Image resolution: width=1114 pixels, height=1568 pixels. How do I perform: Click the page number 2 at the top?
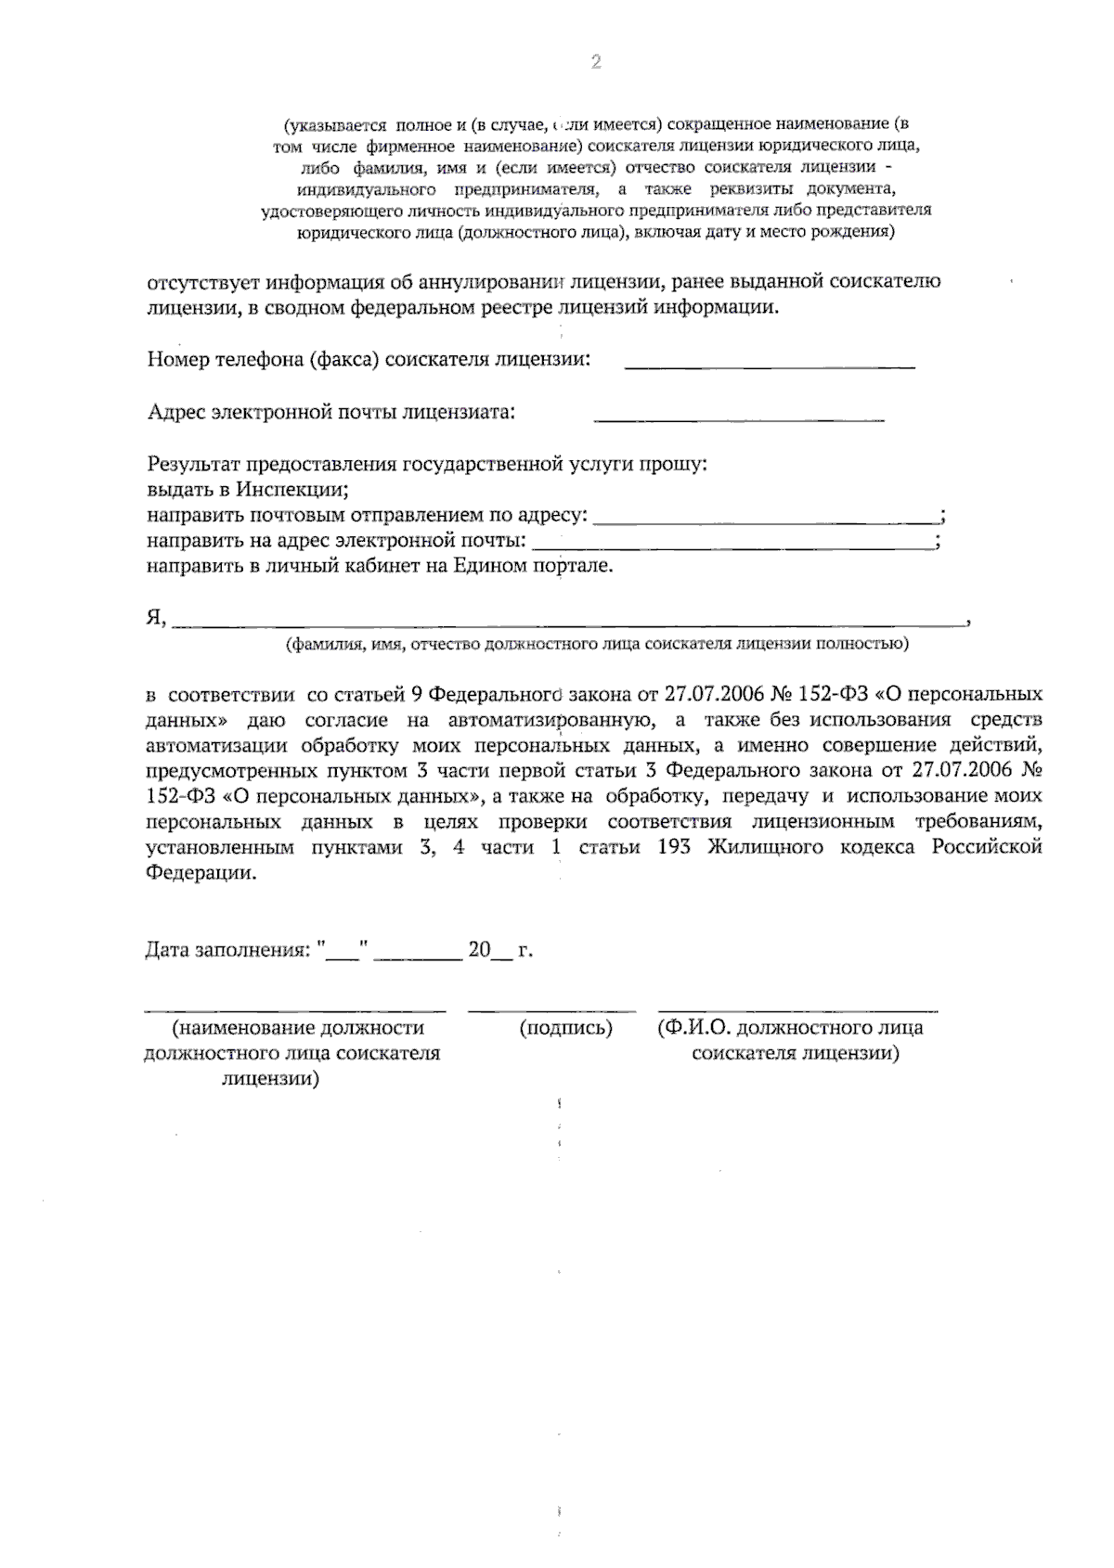tap(596, 62)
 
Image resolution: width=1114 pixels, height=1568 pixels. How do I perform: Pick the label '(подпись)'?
tap(566, 1028)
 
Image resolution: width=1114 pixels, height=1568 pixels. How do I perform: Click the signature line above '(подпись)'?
tap(551, 1009)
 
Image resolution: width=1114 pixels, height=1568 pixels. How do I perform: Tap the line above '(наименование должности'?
tap(294, 1009)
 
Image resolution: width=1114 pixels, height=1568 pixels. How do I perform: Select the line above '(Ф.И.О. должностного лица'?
tap(797, 1009)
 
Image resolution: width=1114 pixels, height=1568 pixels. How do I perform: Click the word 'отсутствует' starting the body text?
tap(201, 282)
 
